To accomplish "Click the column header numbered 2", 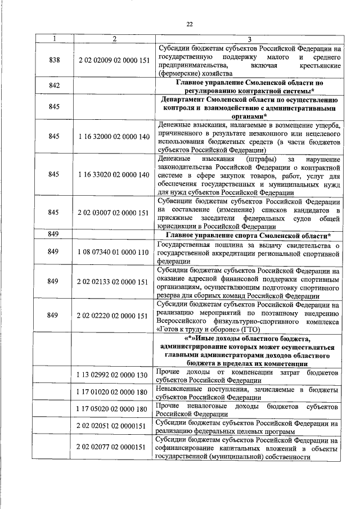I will pyautogui.click(x=114, y=39).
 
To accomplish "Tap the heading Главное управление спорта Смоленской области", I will pyautogui.click(x=248, y=235).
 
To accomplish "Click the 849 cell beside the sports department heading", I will pyautogui.click(x=54, y=235).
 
